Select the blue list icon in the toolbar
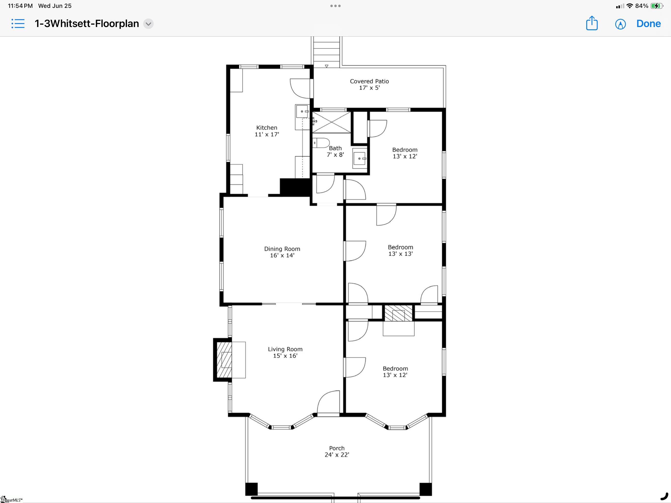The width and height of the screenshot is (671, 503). [x=18, y=23]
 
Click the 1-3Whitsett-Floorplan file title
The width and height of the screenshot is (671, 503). [x=87, y=24]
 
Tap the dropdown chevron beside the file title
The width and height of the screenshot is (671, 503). [x=148, y=24]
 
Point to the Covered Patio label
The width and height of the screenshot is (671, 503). [x=369, y=84]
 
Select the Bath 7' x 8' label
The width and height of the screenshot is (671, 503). [x=335, y=151]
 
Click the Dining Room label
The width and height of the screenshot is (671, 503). [x=282, y=252]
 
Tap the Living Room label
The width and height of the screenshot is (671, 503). [x=285, y=352]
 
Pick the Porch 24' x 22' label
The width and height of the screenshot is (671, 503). [x=337, y=451]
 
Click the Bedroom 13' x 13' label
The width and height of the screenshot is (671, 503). [x=400, y=250]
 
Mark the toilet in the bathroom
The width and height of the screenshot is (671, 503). [x=321, y=143]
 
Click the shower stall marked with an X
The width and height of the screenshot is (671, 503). [x=332, y=122]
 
